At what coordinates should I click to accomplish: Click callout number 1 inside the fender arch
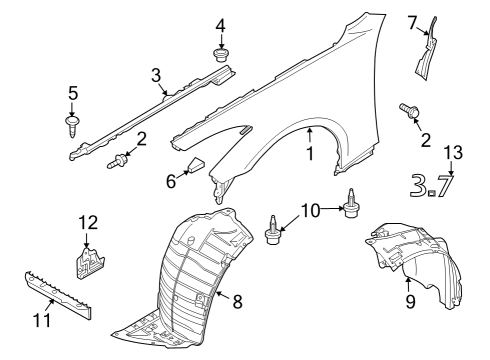point(309,155)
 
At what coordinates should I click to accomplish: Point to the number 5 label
point(73,93)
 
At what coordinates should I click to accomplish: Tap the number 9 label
point(408,299)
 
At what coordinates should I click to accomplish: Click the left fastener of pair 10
point(272,232)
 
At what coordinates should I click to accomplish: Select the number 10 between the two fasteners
point(311,210)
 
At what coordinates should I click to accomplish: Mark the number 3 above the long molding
point(157,74)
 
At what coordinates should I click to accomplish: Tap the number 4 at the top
point(220,23)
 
